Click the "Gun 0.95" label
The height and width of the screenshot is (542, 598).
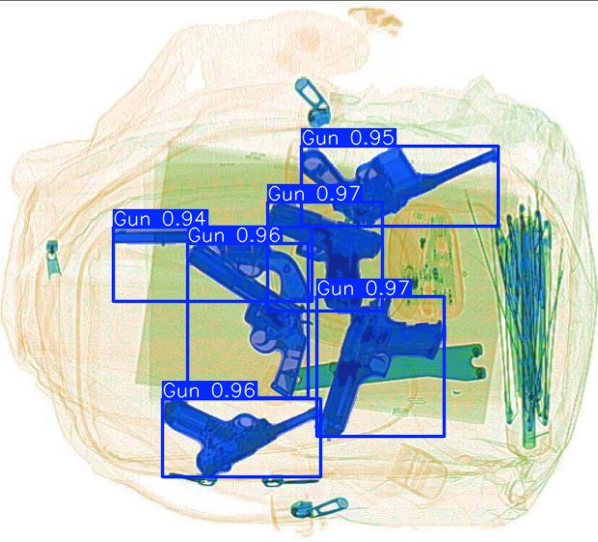348,138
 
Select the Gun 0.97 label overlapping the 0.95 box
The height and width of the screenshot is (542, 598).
313,194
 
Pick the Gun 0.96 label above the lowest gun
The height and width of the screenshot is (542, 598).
209,390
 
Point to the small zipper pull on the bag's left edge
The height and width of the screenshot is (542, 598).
52,257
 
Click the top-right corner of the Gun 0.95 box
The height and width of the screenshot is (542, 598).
498,147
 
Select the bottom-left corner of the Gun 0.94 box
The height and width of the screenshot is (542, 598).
114,301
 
